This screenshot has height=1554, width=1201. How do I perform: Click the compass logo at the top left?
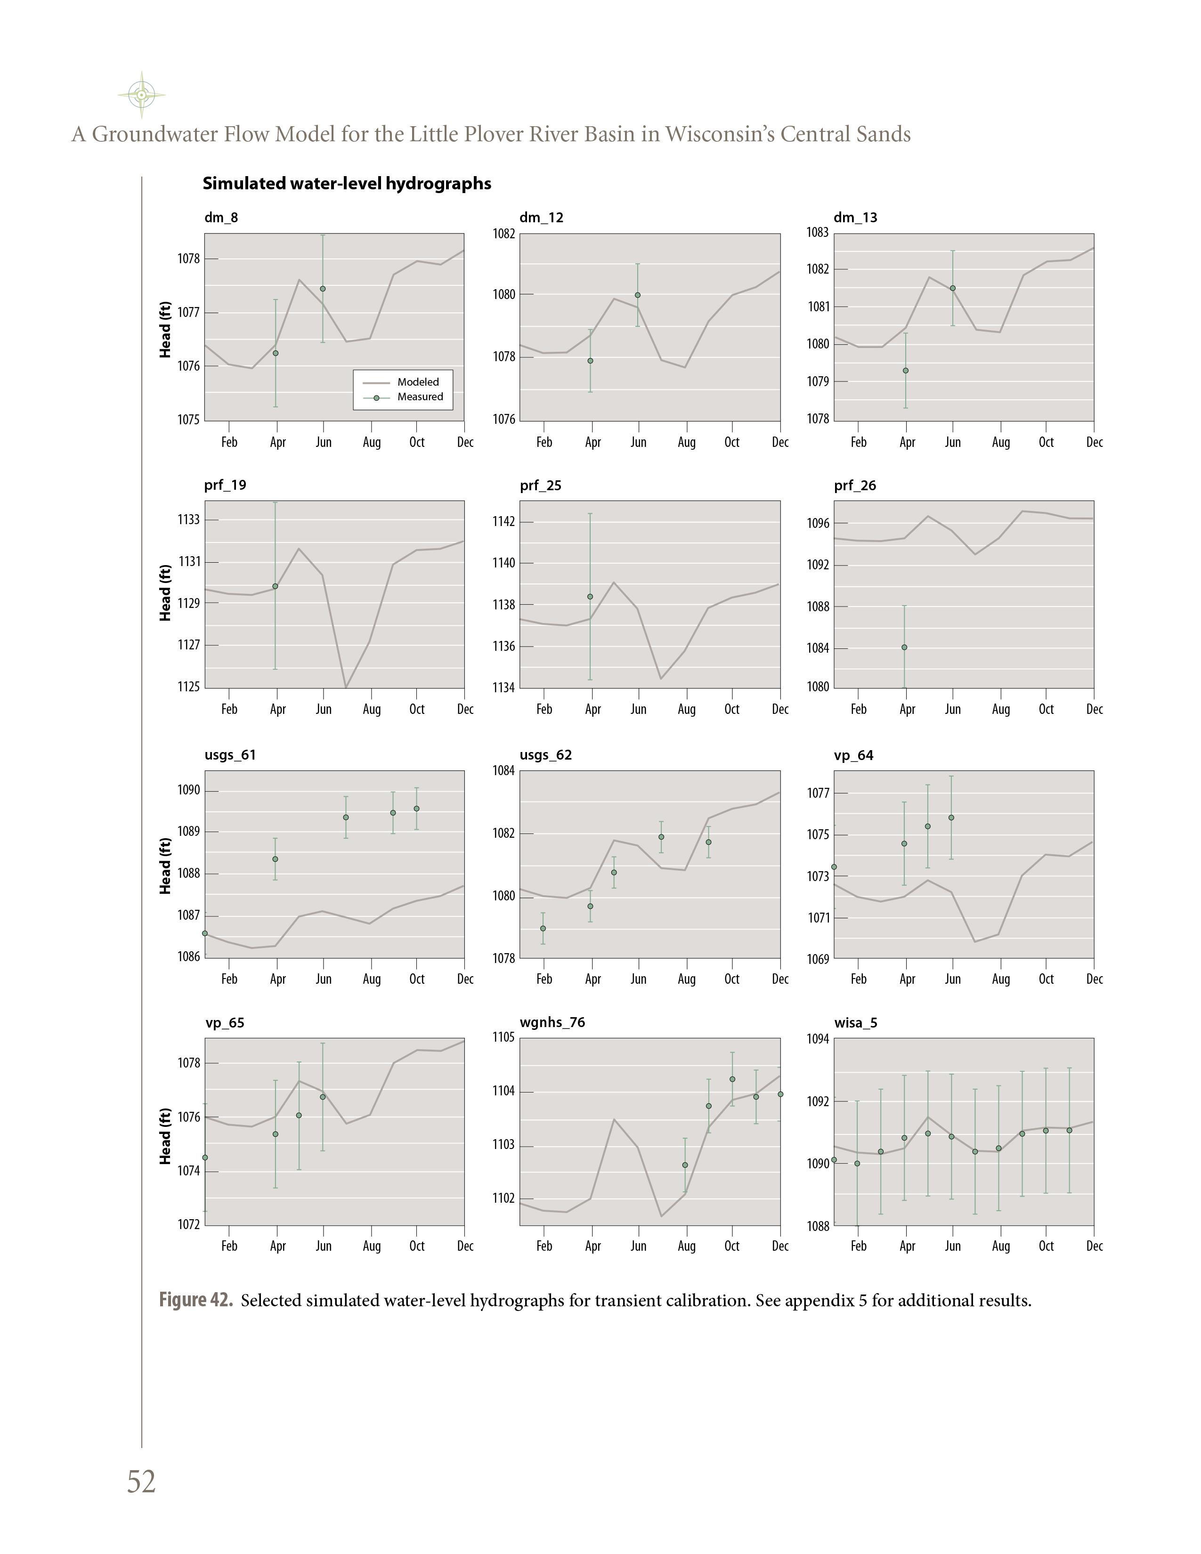click(142, 95)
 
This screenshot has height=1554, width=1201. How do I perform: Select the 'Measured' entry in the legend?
click(420, 397)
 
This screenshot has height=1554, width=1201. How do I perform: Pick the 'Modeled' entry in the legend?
click(418, 382)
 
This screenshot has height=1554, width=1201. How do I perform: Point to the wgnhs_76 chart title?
click(552, 1022)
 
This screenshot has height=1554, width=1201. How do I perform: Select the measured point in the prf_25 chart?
click(590, 596)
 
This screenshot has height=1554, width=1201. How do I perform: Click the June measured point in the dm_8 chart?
click(323, 289)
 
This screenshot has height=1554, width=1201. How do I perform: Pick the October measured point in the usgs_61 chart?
click(416, 808)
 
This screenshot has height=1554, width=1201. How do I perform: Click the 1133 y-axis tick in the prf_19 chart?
click(188, 519)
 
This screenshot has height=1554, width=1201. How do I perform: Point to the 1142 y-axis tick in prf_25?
click(504, 522)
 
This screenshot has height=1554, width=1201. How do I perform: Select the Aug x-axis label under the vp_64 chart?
click(1000, 979)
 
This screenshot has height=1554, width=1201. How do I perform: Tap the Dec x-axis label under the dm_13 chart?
click(1094, 443)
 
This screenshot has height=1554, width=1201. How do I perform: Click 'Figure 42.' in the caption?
click(195, 1301)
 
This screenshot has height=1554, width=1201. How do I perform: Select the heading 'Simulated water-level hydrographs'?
click(347, 184)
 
